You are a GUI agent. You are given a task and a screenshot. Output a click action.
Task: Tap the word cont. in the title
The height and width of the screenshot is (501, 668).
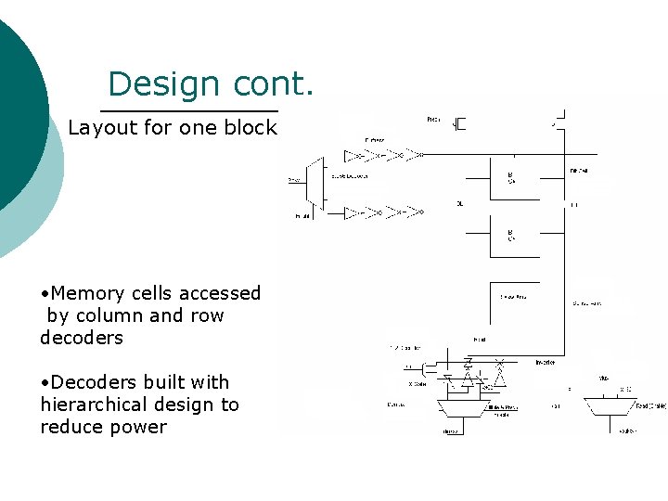coord(274,84)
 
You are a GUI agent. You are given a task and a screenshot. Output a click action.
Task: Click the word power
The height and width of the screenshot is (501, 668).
coord(137,427)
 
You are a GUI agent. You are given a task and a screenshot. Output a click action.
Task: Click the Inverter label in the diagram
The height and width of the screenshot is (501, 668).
coord(546,362)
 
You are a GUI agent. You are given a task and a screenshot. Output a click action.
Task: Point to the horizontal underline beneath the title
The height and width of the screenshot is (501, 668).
coord(189,110)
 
